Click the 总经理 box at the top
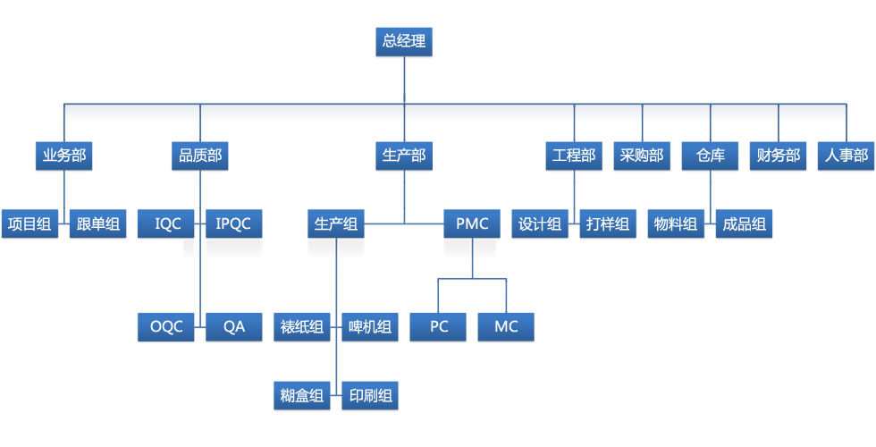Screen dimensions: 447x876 tap(404, 41)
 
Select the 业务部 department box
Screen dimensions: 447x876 tap(64, 156)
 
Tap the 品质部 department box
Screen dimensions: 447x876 tap(200, 156)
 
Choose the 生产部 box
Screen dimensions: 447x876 tap(404, 156)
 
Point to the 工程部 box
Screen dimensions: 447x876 tap(574, 156)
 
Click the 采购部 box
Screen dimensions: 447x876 tap(642, 156)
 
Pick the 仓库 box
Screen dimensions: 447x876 tap(710, 156)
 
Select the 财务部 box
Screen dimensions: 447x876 tap(778, 156)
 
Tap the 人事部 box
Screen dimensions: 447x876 tap(846, 156)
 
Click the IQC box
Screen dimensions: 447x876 tap(167, 224)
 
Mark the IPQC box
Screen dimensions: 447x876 tap(234, 224)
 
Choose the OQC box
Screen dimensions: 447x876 tap(167, 326)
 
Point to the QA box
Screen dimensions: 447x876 tap(234, 326)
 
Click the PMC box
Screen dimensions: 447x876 tap(472, 224)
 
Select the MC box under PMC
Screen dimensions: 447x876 tap(506, 326)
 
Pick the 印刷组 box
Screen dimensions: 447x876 tap(370, 394)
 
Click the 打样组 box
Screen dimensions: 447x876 tap(608, 224)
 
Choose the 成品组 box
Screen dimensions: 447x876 tap(744, 224)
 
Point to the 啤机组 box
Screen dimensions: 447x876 tap(370, 326)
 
